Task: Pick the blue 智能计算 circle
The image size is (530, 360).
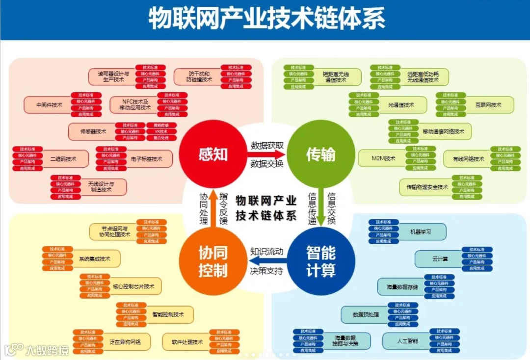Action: coord(320,261)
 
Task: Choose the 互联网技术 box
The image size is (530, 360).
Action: coord(488,105)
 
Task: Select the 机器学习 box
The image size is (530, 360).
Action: coord(422,231)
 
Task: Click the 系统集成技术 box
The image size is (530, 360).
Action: coord(96,259)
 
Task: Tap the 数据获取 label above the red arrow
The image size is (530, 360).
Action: coord(267,145)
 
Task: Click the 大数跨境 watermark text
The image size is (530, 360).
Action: coord(47,350)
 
